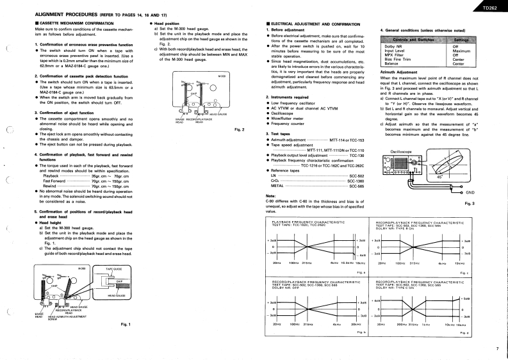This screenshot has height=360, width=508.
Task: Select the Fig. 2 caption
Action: click(240, 130)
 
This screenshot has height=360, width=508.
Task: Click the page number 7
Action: click(496, 348)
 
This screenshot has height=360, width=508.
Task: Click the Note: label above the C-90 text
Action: click(270, 195)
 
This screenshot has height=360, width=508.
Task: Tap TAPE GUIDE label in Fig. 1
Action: click(114, 269)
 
